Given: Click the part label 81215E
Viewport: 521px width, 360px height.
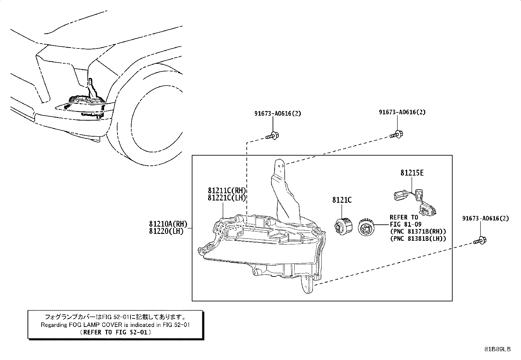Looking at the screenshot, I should pos(412,173).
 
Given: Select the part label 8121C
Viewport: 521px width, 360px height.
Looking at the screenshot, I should pos(342,200).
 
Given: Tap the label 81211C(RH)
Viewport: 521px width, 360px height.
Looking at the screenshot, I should pos(226,191).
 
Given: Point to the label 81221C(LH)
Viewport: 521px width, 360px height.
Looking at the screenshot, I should pos(226,198).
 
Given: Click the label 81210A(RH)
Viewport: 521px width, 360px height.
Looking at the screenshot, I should pos(168,224).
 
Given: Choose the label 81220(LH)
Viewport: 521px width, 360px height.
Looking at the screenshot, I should pos(166,231).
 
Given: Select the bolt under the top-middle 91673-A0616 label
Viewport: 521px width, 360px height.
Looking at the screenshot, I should pos(396,134).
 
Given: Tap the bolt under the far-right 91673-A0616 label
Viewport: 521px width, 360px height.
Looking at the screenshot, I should pos(480,241).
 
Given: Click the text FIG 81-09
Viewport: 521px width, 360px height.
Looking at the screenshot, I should pos(405,224).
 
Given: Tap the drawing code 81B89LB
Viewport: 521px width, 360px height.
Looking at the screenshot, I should pos(497,350).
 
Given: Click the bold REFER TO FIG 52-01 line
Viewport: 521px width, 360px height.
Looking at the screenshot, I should pos(116,332).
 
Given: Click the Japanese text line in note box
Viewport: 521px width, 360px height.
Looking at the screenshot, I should pos(116,317).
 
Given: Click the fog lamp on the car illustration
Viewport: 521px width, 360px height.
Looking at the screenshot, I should pos(86,104).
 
